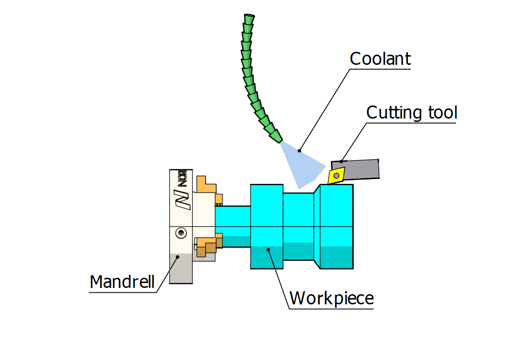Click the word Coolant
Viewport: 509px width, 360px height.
[380, 59]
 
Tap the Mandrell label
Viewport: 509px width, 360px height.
[122, 282]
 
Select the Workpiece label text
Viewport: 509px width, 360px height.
[331, 298]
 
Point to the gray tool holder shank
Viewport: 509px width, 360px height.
[363, 169]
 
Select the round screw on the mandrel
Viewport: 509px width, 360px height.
[181, 233]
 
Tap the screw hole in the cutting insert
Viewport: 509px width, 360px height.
[336, 175]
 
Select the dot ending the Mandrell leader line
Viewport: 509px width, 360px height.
[179, 258]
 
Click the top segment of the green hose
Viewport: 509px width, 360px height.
[249, 18]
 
